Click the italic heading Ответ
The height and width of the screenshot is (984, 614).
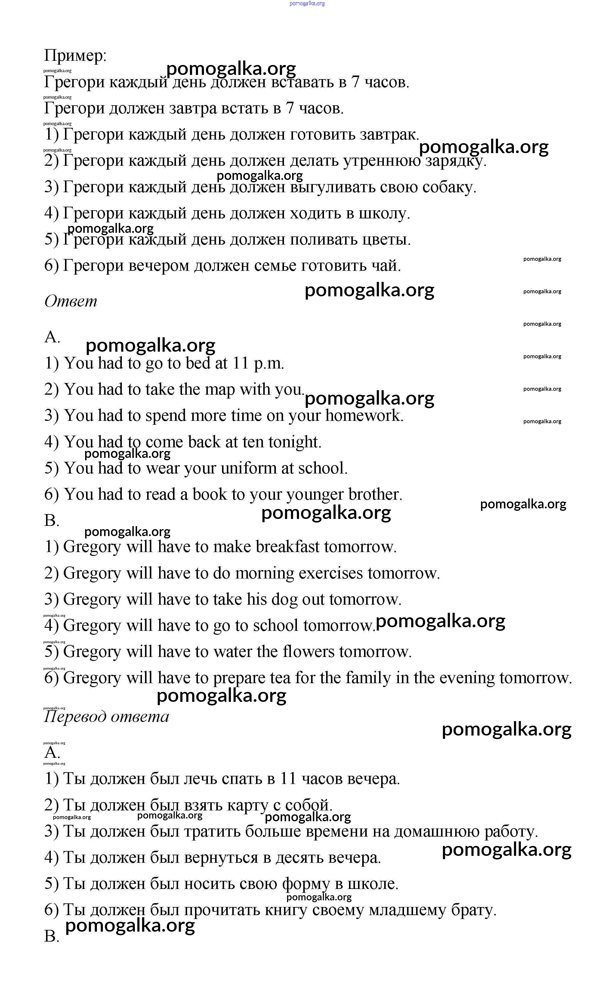coord(71,301)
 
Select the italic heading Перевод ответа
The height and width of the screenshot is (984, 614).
coord(106,717)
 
